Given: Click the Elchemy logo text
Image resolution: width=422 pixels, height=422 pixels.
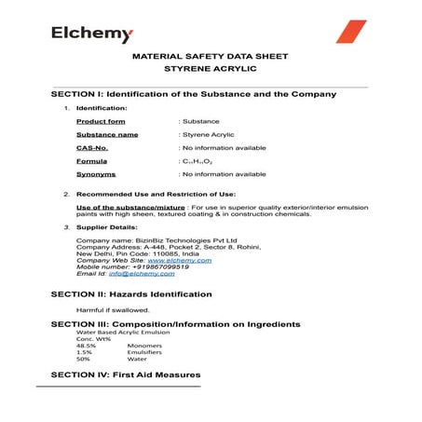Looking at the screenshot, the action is [x=92, y=34].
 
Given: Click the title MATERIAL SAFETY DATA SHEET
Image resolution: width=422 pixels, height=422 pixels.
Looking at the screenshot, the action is [x=211, y=57].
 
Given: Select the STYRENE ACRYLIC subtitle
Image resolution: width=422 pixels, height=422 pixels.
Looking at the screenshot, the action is [x=211, y=69].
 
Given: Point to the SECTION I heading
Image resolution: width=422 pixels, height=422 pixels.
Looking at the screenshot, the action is [x=193, y=95].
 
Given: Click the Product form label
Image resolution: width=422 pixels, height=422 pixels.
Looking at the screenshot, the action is [x=100, y=121].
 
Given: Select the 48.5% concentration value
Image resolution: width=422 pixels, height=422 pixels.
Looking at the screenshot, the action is [x=86, y=345].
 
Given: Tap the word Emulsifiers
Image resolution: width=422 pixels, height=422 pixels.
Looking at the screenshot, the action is [x=144, y=352].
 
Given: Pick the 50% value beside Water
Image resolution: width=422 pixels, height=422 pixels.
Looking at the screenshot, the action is [x=83, y=359].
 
